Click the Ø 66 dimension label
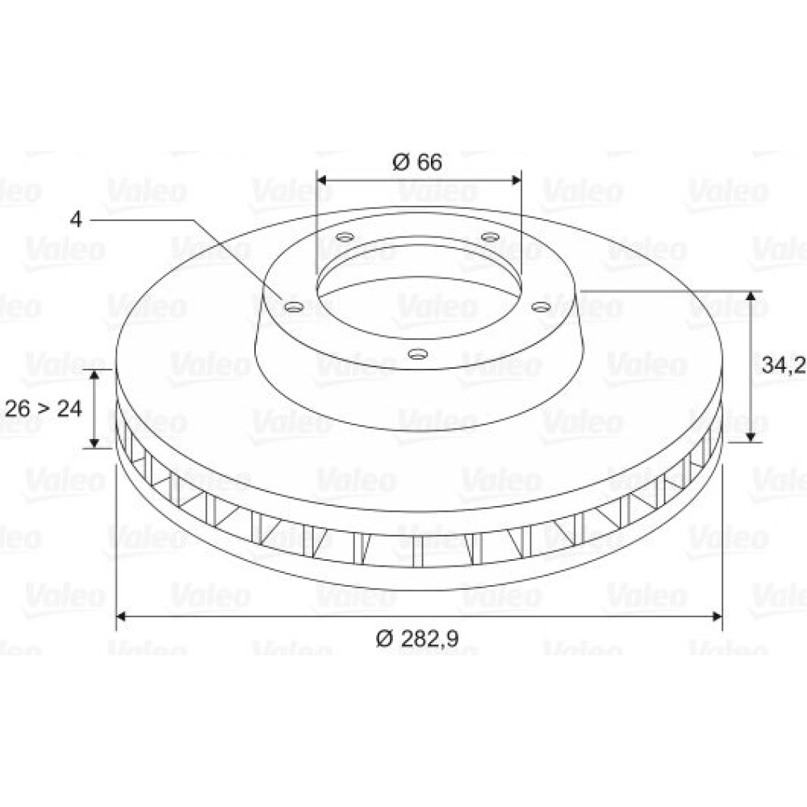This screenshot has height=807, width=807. [x=417, y=162]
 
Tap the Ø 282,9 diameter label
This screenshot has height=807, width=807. [x=417, y=638]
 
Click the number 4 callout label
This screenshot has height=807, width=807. [x=76, y=220]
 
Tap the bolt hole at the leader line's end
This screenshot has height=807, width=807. [x=294, y=307]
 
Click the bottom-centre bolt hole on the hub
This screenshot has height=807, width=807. [x=418, y=353]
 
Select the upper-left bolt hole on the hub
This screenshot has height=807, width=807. [x=345, y=237]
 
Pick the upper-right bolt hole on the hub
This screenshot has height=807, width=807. [x=490, y=236]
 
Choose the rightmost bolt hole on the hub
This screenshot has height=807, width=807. [x=541, y=307]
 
